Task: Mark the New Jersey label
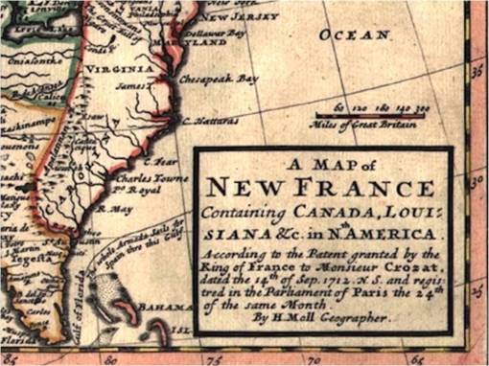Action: coord(245,16)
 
